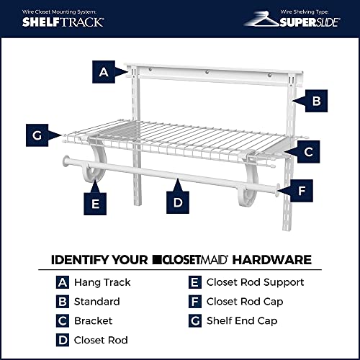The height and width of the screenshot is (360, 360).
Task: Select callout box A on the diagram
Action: (x=103, y=72)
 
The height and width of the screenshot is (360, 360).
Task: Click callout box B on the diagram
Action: (x=316, y=102)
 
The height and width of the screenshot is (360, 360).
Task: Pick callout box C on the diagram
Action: (x=307, y=152)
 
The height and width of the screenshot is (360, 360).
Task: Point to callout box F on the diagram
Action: (x=302, y=191)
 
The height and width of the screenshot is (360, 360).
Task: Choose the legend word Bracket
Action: (x=95, y=320)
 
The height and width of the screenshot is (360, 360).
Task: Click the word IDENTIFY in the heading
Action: (x=76, y=259)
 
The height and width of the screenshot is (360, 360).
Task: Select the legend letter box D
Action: (x=62, y=339)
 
